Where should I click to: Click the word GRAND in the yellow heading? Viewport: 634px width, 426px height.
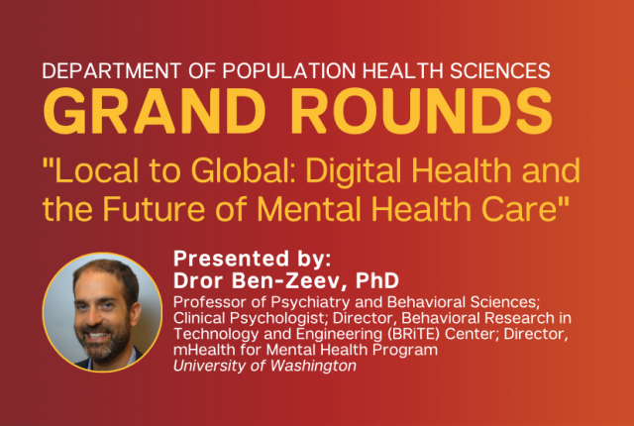pos(155,111)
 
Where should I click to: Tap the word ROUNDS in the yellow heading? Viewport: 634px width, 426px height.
pos(422,111)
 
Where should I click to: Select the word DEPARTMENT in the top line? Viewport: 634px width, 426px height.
pos(112,70)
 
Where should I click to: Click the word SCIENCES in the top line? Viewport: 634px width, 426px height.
pos(499,70)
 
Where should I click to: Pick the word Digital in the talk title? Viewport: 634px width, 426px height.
pos(354,171)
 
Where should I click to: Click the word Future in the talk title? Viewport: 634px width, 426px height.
pos(154,209)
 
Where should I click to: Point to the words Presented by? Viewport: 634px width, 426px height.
pos(253,260)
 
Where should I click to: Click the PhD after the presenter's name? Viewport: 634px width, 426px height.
pos(376,280)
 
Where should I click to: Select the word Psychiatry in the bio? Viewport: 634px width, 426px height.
pos(310,303)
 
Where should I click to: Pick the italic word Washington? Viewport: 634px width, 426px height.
pos(313,367)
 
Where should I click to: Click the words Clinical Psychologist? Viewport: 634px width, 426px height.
pos(249,318)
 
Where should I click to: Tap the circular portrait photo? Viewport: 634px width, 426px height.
pos(102,312)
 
